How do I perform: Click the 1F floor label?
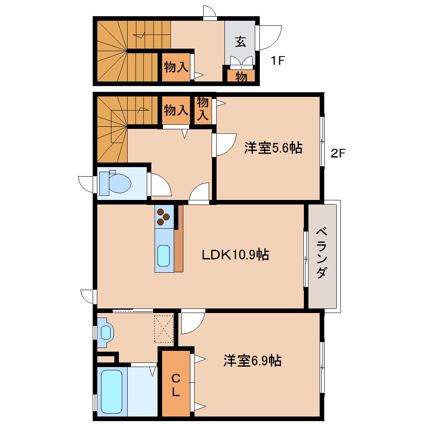278,60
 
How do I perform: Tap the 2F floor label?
338,153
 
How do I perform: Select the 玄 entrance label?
240,42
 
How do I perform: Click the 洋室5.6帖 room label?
273,148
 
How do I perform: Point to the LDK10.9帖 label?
235,254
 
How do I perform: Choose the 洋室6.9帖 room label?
253,360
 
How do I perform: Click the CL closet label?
176,385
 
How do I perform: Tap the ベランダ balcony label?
322,253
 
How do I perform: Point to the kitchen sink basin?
164,256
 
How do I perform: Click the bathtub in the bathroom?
112,392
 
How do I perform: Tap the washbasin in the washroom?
106,332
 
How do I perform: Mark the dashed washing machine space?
164,329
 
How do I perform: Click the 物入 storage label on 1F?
176,67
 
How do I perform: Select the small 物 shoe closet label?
241,77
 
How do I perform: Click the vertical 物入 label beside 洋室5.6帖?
203,109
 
